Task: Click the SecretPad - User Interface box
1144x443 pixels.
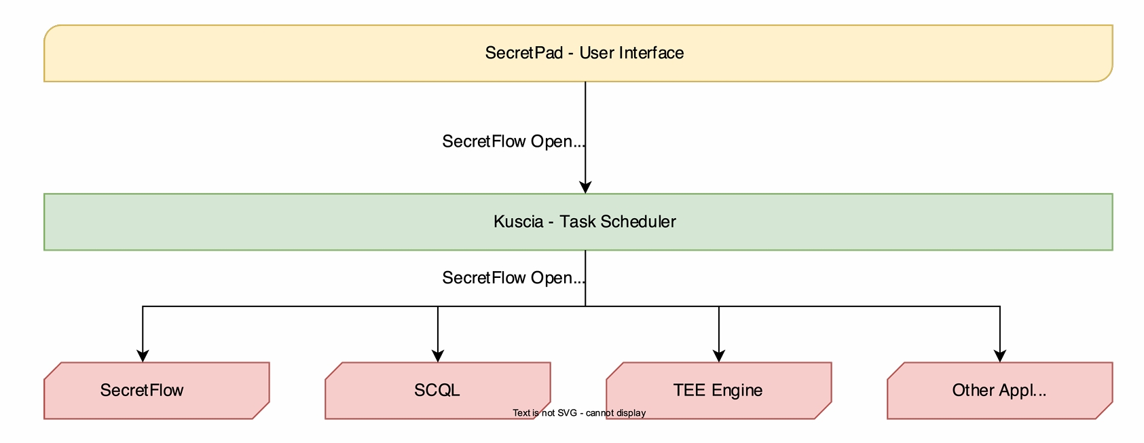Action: pyautogui.click(x=578, y=53)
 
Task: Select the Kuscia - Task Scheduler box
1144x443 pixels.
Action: pyautogui.click(x=578, y=221)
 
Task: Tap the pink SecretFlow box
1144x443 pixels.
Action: pyautogui.click(x=157, y=391)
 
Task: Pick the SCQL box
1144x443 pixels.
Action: pyautogui.click(x=438, y=391)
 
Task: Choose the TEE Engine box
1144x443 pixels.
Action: pyautogui.click(x=718, y=391)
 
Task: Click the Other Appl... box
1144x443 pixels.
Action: pyautogui.click(x=1000, y=391)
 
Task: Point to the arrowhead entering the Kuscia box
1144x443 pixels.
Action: pyautogui.click(x=585, y=187)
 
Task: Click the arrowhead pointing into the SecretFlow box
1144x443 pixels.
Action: pyautogui.click(x=143, y=356)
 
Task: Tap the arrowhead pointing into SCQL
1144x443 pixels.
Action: pyautogui.click(x=438, y=356)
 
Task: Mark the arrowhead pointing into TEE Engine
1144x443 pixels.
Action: pyautogui.click(x=718, y=356)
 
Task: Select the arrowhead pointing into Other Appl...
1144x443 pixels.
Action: pyautogui.click(x=1000, y=356)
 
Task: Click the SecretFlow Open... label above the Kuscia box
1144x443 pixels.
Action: pyautogui.click(x=513, y=141)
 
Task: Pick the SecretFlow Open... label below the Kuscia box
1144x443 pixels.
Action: pyautogui.click(x=513, y=278)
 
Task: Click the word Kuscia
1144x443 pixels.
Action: pyautogui.click(x=519, y=221)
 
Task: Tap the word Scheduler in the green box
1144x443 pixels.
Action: pyautogui.click(x=638, y=221)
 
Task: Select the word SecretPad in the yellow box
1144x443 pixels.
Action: pyautogui.click(x=524, y=53)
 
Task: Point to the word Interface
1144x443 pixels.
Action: pyautogui.click(x=652, y=53)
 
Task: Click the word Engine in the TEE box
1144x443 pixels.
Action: pyautogui.click(x=737, y=391)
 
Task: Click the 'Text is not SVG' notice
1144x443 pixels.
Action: pyautogui.click(x=579, y=413)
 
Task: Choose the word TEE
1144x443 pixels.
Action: pyautogui.click(x=690, y=391)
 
